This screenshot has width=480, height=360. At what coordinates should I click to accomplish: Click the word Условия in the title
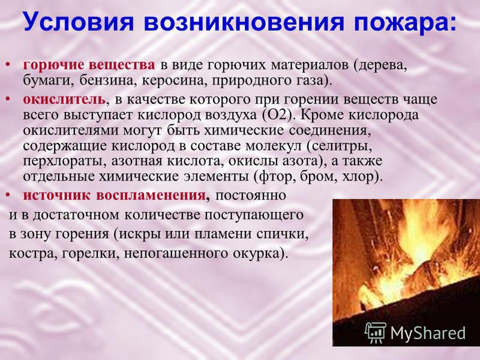click(x=79, y=22)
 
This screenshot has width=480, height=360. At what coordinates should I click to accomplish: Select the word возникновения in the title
click(x=244, y=22)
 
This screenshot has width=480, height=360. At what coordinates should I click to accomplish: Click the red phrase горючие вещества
click(x=89, y=65)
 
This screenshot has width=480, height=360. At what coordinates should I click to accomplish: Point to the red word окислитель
click(x=64, y=100)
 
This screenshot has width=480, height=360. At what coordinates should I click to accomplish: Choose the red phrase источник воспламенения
click(x=115, y=195)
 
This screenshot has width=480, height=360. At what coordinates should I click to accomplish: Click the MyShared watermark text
click(x=428, y=332)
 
